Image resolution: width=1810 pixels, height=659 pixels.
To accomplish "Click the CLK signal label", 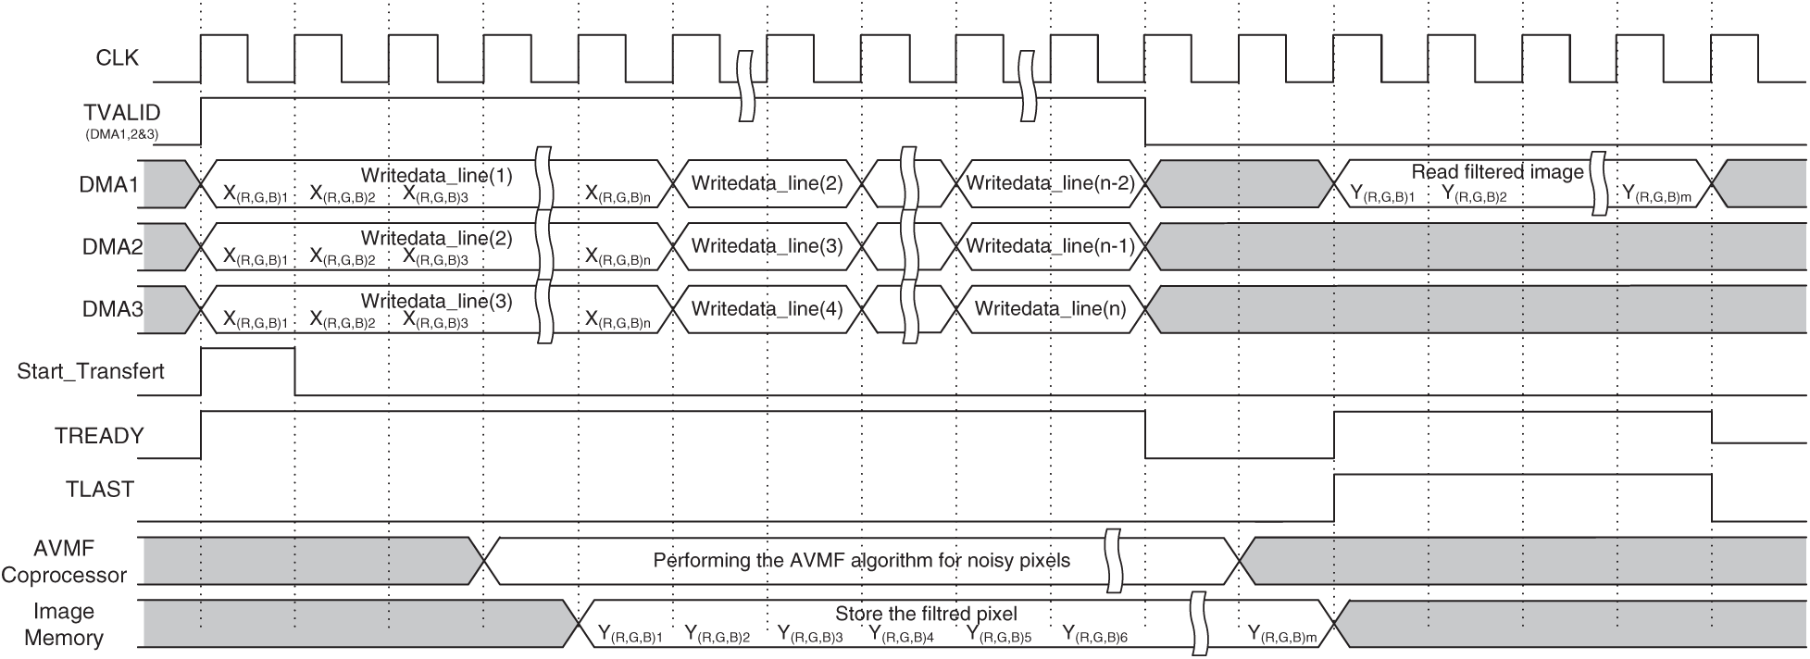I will point(117,58).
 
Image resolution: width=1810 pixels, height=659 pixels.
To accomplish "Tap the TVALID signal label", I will point(121,113).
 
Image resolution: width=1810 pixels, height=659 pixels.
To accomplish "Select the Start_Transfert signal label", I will point(91,371).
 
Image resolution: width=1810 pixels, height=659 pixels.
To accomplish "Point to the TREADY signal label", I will point(99,436).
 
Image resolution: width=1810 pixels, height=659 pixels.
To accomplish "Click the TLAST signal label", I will point(100,490).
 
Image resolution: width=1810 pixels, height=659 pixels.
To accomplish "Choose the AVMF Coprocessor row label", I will point(64,562).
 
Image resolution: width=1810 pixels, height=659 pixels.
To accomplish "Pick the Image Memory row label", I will point(64,625).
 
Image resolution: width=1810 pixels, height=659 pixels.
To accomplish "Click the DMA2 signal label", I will point(111,247).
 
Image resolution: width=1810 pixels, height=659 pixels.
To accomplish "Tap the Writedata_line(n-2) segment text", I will point(1050,182).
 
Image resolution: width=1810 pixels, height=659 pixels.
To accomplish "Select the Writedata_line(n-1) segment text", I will point(1050,246).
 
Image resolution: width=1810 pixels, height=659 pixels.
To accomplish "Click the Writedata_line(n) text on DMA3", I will point(1050,308).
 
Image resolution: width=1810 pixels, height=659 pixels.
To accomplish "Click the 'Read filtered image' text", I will point(1497,171).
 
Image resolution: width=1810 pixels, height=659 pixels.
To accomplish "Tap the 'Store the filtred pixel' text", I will point(926,614).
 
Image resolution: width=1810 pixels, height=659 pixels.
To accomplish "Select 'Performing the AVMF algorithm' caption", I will point(861,560).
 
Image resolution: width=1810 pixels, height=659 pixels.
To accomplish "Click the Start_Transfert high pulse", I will point(247,350).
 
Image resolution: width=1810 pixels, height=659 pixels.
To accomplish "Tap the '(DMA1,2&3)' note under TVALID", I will point(121,134).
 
